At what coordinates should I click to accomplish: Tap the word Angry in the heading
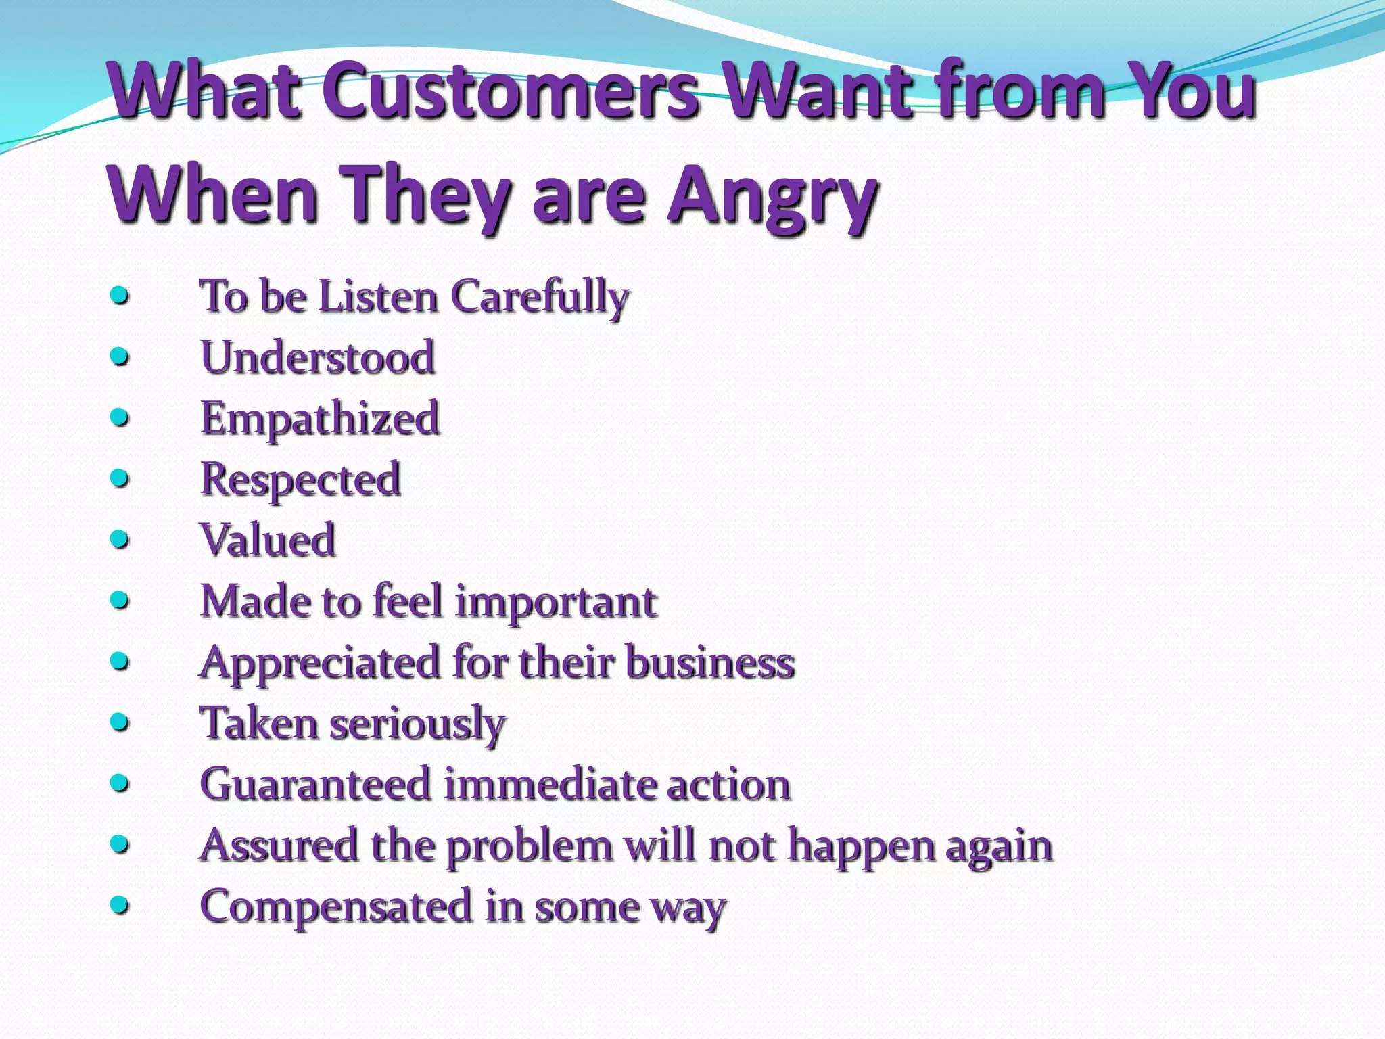pos(772,196)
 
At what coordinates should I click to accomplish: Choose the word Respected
pos(301,480)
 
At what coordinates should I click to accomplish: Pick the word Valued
pos(268,540)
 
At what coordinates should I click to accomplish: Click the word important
pos(556,602)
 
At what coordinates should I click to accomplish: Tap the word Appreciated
pos(321,663)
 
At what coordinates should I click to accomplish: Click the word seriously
pos(417,724)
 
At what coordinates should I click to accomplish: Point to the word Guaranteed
pos(316,785)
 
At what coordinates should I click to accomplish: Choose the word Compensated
pos(336,907)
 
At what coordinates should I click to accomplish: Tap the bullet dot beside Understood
pos(120,356)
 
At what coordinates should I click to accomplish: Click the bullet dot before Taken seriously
pos(120,722)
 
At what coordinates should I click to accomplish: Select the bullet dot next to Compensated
pos(120,905)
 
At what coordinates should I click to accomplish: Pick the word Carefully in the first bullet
pos(540,298)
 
